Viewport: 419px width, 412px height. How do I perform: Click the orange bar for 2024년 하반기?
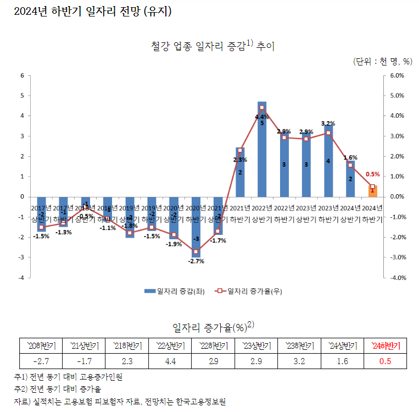(x=372, y=191)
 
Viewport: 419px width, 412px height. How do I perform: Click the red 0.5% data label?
(x=372, y=174)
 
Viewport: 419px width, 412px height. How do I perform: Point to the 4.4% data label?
(x=262, y=117)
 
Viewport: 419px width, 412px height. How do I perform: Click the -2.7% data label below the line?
(x=196, y=261)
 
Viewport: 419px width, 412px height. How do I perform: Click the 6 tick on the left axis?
(x=21, y=75)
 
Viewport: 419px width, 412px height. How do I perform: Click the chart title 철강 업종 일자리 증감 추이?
(x=212, y=46)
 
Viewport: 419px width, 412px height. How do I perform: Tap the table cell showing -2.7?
(x=41, y=361)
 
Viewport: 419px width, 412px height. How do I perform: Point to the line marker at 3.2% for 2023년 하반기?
(x=328, y=133)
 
